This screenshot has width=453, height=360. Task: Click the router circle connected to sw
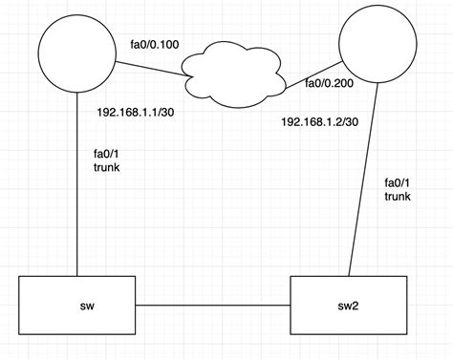[x=76, y=56]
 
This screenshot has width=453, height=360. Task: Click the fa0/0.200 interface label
[x=330, y=84]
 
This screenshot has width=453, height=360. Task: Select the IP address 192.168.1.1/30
[x=136, y=112]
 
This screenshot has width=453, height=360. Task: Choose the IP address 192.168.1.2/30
[x=319, y=122]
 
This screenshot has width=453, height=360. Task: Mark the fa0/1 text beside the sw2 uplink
[x=397, y=181]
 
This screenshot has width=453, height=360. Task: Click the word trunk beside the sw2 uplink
[x=399, y=197]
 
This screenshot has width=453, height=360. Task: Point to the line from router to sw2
[x=364, y=191]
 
